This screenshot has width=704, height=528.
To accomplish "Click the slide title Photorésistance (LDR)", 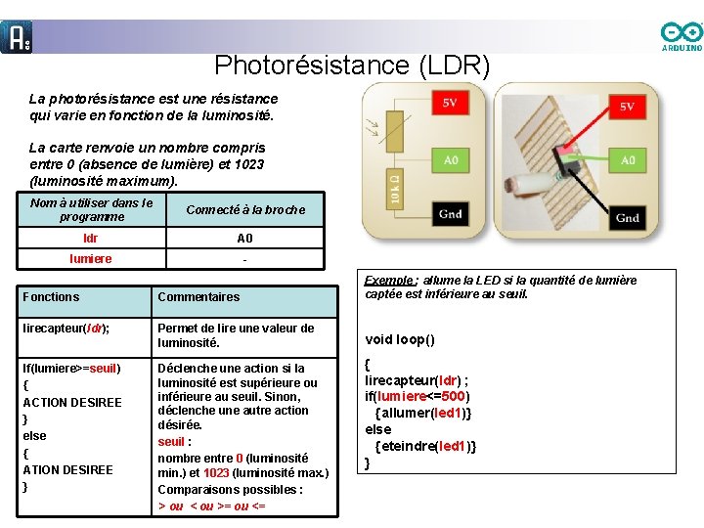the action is [x=352, y=66].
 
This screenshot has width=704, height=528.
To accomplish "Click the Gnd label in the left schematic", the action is [x=450, y=214].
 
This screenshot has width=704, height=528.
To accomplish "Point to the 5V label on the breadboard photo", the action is [x=627, y=107].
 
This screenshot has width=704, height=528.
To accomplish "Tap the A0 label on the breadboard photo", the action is [x=627, y=159].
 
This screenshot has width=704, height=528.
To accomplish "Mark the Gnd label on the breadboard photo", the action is [x=627, y=217].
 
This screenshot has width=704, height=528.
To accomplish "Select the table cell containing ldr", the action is [x=91, y=239].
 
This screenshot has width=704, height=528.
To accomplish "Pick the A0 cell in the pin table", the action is [x=244, y=239].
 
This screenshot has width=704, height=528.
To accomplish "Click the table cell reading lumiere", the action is [x=91, y=259].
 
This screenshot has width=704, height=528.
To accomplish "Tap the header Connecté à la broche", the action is [x=244, y=209].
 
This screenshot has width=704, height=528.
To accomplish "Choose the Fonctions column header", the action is [x=51, y=296].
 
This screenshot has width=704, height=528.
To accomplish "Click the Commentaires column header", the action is [x=198, y=297].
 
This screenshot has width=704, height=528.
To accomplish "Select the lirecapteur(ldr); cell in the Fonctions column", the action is [x=66, y=329].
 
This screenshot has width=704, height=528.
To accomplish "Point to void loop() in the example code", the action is [x=400, y=340].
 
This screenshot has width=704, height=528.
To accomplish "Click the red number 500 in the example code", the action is [x=453, y=396].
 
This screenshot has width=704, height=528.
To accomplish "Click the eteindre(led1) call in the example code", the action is [x=428, y=446].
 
